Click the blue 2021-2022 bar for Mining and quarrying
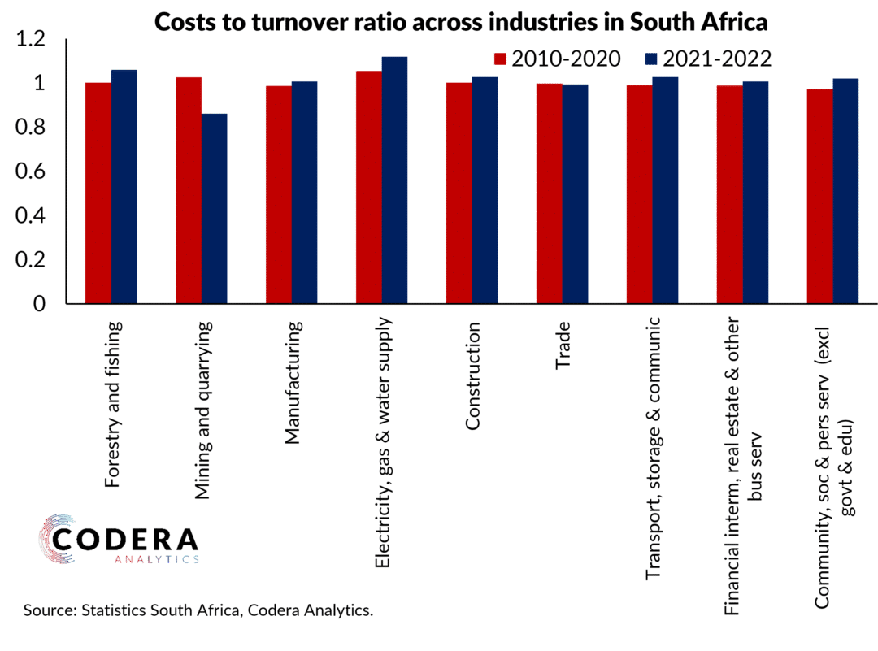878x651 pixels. click(x=214, y=209)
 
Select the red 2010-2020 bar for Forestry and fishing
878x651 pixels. click(x=98, y=193)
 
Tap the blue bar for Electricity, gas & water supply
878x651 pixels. click(x=394, y=180)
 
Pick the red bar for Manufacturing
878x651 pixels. click(x=279, y=195)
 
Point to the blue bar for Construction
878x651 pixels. click(x=485, y=190)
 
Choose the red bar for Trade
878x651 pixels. click(x=550, y=193)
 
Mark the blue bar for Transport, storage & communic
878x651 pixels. click(x=665, y=190)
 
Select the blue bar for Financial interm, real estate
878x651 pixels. click(x=755, y=193)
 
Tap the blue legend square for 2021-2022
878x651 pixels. click(x=650, y=59)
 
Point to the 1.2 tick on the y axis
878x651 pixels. click(x=33, y=39)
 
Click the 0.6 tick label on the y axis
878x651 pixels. click(x=33, y=171)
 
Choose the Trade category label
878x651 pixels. click(x=563, y=347)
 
